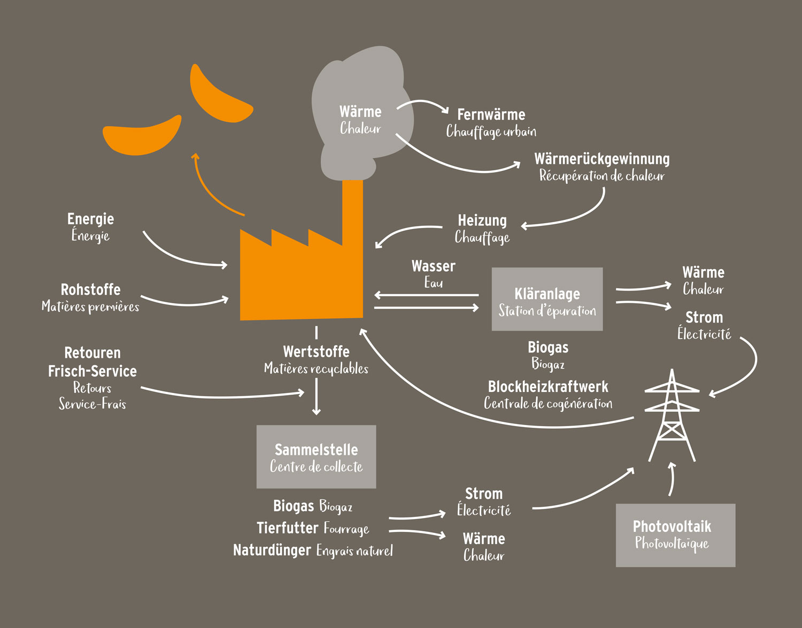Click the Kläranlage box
[x=547, y=299]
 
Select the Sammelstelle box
[x=316, y=457]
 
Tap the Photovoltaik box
[x=675, y=535]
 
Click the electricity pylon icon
[x=672, y=417]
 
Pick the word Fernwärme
[x=491, y=115]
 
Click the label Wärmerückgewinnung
[x=601, y=159]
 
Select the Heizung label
[x=482, y=221]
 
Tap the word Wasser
[x=433, y=266]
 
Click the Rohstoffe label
[x=90, y=290]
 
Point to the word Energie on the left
[x=90, y=219]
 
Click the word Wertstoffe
[x=316, y=352]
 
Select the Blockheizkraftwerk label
[x=548, y=387]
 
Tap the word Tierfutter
[x=287, y=528]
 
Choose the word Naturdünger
[x=272, y=550]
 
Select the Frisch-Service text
[x=92, y=371]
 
